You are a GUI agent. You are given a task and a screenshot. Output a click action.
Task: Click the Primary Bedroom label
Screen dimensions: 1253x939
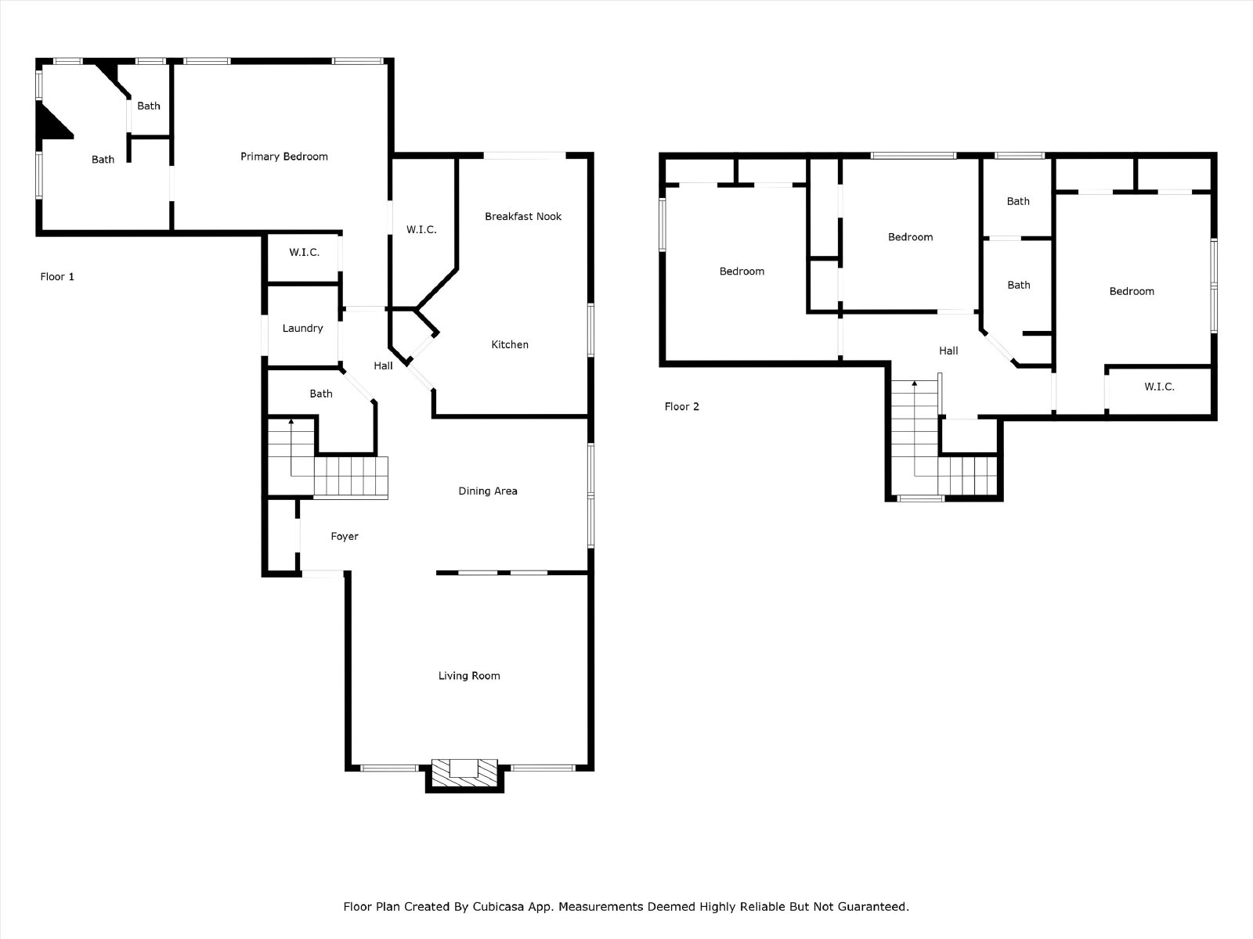tap(283, 156)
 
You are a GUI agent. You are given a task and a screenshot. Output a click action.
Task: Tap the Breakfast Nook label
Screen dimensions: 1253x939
tap(523, 216)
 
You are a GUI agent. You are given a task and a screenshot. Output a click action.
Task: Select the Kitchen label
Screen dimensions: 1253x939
tap(510, 344)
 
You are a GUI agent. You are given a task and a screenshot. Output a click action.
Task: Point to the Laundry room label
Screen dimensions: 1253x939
tap(302, 328)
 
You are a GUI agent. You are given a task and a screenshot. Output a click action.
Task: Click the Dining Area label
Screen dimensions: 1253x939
tap(488, 491)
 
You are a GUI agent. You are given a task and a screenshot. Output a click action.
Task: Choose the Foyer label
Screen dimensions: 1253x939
tap(345, 536)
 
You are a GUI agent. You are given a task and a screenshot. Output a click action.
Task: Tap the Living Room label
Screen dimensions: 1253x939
tap(468, 675)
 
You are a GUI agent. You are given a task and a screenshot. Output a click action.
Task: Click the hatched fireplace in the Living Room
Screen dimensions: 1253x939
tap(464, 776)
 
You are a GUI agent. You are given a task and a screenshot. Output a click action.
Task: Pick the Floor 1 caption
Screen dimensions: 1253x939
tap(57, 276)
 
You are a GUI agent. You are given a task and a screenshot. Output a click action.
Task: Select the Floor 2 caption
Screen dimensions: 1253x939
tap(681, 406)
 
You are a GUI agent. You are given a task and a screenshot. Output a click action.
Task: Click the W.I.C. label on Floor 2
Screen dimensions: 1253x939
tap(1159, 387)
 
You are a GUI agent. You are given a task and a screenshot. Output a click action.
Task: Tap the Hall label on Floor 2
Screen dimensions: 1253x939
tap(948, 351)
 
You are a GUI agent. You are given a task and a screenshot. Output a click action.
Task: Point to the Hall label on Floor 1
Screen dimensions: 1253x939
tap(383, 365)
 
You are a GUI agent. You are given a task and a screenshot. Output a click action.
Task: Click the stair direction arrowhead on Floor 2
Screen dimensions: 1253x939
tap(915, 383)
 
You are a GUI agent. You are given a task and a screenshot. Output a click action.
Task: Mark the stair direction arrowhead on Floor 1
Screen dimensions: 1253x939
tap(291, 421)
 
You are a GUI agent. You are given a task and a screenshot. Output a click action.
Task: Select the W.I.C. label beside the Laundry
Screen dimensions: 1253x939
tap(304, 252)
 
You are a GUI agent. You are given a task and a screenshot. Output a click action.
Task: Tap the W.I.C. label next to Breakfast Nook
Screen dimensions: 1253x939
tap(421, 229)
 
